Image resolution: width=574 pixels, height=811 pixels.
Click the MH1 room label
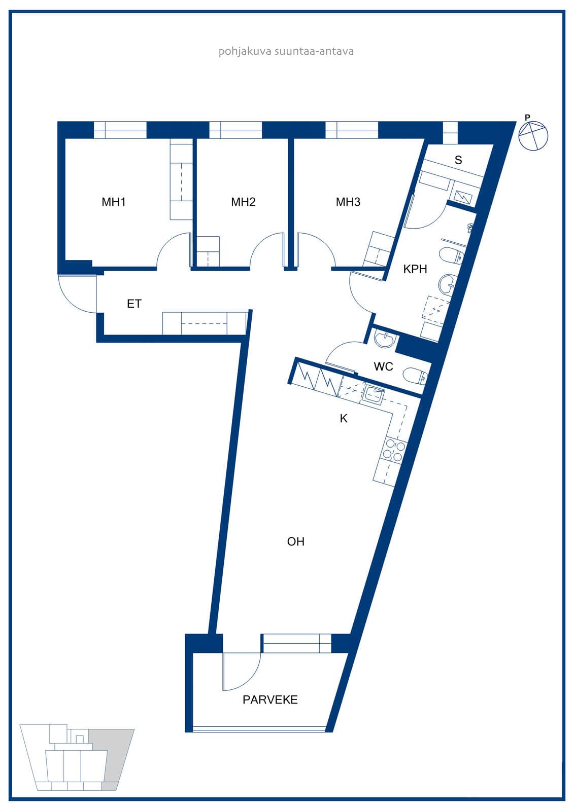click(114, 202)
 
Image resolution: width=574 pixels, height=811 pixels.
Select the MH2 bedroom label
click(243, 202)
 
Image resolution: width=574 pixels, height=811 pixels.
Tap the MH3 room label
click(348, 202)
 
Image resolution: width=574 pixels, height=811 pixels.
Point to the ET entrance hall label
click(134, 304)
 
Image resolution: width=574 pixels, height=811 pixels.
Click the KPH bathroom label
click(415, 269)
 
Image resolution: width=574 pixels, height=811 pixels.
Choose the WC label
click(383, 366)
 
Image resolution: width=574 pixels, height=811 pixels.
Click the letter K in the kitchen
click(344, 419)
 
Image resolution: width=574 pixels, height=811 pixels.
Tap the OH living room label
click(295, 542)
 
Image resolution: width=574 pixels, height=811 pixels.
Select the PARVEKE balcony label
click(270, 700)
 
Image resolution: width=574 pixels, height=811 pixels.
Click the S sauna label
click(458, 160)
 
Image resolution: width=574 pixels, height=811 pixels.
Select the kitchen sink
click(374, 393)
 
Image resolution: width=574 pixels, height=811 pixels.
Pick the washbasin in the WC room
click(384, 340)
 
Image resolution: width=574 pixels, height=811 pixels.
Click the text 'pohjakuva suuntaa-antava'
click(286, 51)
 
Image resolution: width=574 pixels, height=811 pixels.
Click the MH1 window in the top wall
click(120, 130)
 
